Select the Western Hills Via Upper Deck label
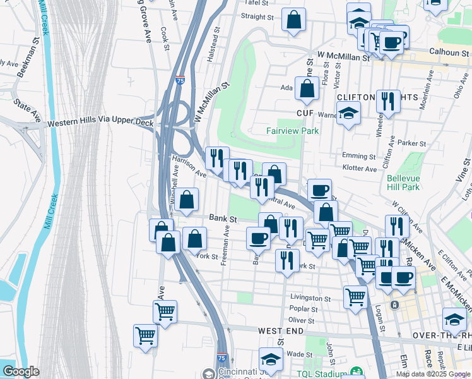(100, 123)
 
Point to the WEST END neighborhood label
(282, 331)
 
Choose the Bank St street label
(223, 219)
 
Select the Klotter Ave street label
(362, 169)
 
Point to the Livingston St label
(310, 298)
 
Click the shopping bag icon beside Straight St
(294, 20)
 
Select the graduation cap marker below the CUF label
(348, 114)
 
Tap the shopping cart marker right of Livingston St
(356, 295)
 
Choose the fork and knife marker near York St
(287, 260)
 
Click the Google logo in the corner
(21, 371)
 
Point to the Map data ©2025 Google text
(433, 374)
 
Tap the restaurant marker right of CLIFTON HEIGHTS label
(388, 101)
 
